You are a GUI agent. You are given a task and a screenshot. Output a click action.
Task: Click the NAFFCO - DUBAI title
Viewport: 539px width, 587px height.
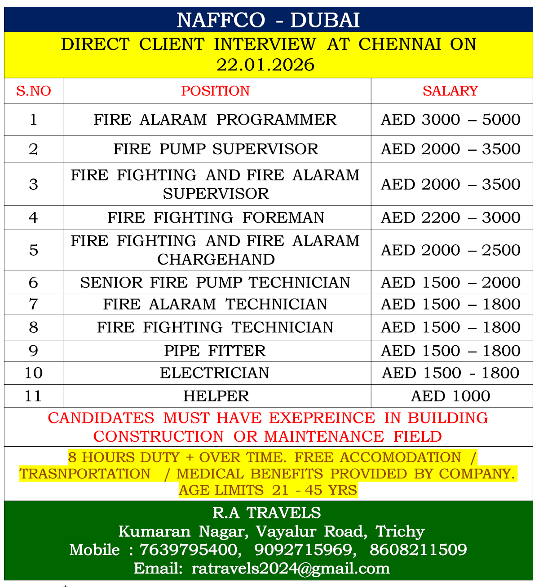point(268,20)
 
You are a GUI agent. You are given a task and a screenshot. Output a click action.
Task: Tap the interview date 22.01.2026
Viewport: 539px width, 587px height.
point(265,65)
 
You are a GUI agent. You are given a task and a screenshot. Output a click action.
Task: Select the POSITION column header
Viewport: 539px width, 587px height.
point(216,91)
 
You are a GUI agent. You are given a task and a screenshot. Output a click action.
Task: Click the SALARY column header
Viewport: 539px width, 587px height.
point(450,91)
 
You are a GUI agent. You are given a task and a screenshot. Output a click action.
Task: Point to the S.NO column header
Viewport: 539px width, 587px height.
point(33,91)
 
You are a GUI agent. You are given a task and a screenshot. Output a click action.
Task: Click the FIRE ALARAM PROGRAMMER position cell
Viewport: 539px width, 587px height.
point(215,120)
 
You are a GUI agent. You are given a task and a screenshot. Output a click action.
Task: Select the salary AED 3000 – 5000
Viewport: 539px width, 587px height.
point(451,120)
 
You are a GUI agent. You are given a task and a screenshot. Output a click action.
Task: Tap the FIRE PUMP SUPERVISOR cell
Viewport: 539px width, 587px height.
point(216,149)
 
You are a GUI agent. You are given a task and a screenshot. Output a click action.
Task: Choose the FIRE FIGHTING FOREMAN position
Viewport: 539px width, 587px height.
point(216,217)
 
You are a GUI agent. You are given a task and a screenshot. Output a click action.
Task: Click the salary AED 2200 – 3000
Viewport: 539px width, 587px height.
point(451,217)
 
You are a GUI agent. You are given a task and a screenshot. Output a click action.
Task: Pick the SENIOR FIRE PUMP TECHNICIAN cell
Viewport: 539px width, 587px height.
point(215,283)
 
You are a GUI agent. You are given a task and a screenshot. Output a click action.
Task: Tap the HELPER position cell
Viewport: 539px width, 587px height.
point(216,396)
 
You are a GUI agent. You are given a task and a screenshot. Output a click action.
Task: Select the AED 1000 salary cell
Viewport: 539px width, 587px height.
point(451,396)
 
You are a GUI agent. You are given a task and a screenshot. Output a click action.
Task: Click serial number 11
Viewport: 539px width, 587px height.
point(33,396)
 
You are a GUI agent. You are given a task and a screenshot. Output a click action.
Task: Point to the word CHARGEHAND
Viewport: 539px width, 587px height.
point(216,260)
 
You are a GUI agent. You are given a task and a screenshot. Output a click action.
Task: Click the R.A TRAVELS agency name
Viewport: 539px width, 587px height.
point(267,513)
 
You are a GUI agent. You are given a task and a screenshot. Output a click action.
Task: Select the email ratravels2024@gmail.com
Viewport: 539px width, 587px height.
point(291,569)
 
